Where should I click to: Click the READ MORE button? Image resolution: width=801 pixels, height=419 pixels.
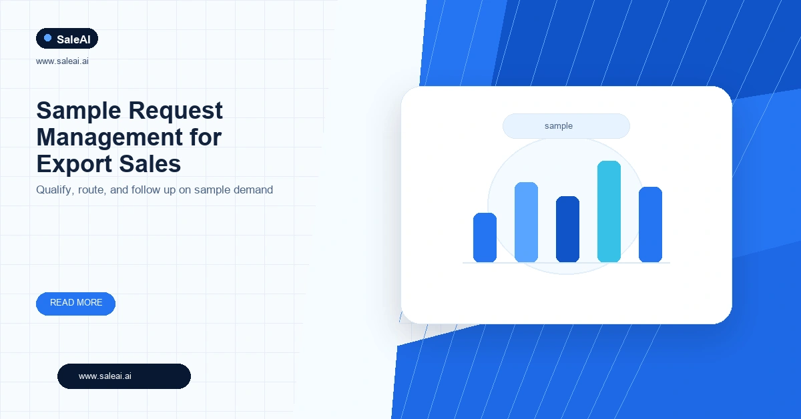pos(75,304)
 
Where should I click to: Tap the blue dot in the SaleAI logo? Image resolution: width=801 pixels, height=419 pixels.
pos(47,38)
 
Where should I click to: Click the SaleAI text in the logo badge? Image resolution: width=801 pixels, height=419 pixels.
pos(73,39)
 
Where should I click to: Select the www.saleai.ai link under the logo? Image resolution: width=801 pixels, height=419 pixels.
pos(62,61)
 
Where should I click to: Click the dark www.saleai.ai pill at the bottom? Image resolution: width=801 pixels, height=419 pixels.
pos(123,376)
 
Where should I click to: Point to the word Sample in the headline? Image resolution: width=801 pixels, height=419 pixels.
pos(79,111)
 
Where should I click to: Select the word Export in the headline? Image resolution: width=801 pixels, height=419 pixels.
pos(74,165)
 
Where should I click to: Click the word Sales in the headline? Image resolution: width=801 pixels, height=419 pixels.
pos(150,164)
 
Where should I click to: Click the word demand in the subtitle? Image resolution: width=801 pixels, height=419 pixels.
pos(253,189)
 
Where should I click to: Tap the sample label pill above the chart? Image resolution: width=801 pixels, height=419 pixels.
pos(566,126)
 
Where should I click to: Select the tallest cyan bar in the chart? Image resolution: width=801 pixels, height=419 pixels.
pos(609,212)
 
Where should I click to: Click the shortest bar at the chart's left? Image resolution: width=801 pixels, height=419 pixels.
pos(485,238)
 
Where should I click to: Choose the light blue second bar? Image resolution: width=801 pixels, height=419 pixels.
pos(526,222)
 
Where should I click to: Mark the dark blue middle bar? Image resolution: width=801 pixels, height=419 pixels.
pos(567,229)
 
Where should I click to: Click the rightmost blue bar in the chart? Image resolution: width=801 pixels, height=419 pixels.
pos(650,224)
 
